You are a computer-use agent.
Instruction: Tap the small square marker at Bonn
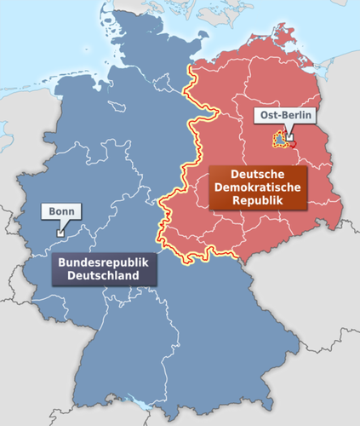60,231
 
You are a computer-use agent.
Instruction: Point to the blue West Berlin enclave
279,140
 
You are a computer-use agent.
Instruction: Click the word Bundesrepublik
105,263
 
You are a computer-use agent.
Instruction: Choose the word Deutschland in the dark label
105,277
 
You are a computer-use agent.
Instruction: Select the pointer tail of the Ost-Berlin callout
289,130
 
